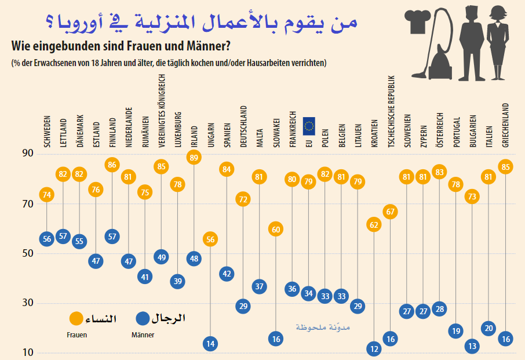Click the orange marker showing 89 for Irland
coord(194,157)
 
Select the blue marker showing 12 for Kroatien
coord(374,349)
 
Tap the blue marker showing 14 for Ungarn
coord(210,344)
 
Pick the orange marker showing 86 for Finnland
coord(112,165)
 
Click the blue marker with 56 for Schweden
coord(47,238)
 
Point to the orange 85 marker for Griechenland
coord(505,167)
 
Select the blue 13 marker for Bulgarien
coord(472,346)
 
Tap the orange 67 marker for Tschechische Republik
coord(391,212)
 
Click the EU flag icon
coord(309,125)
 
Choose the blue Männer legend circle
coord(143,318)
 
